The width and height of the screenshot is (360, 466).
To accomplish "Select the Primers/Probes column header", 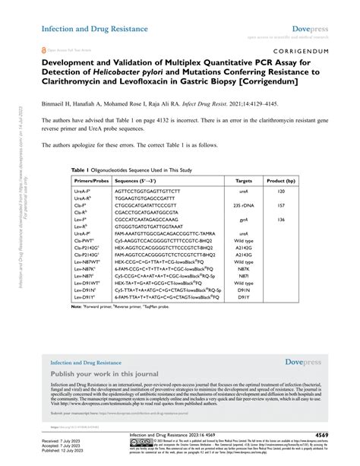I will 90,182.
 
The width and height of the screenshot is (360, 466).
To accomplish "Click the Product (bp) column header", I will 280,182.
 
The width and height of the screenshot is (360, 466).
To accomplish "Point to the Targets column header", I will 244,182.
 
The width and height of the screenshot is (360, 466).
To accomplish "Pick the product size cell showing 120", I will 280,192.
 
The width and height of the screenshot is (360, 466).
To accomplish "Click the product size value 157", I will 280,205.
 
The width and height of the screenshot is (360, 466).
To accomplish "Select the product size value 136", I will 280,219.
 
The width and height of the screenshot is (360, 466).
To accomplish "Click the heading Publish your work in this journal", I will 103,375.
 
